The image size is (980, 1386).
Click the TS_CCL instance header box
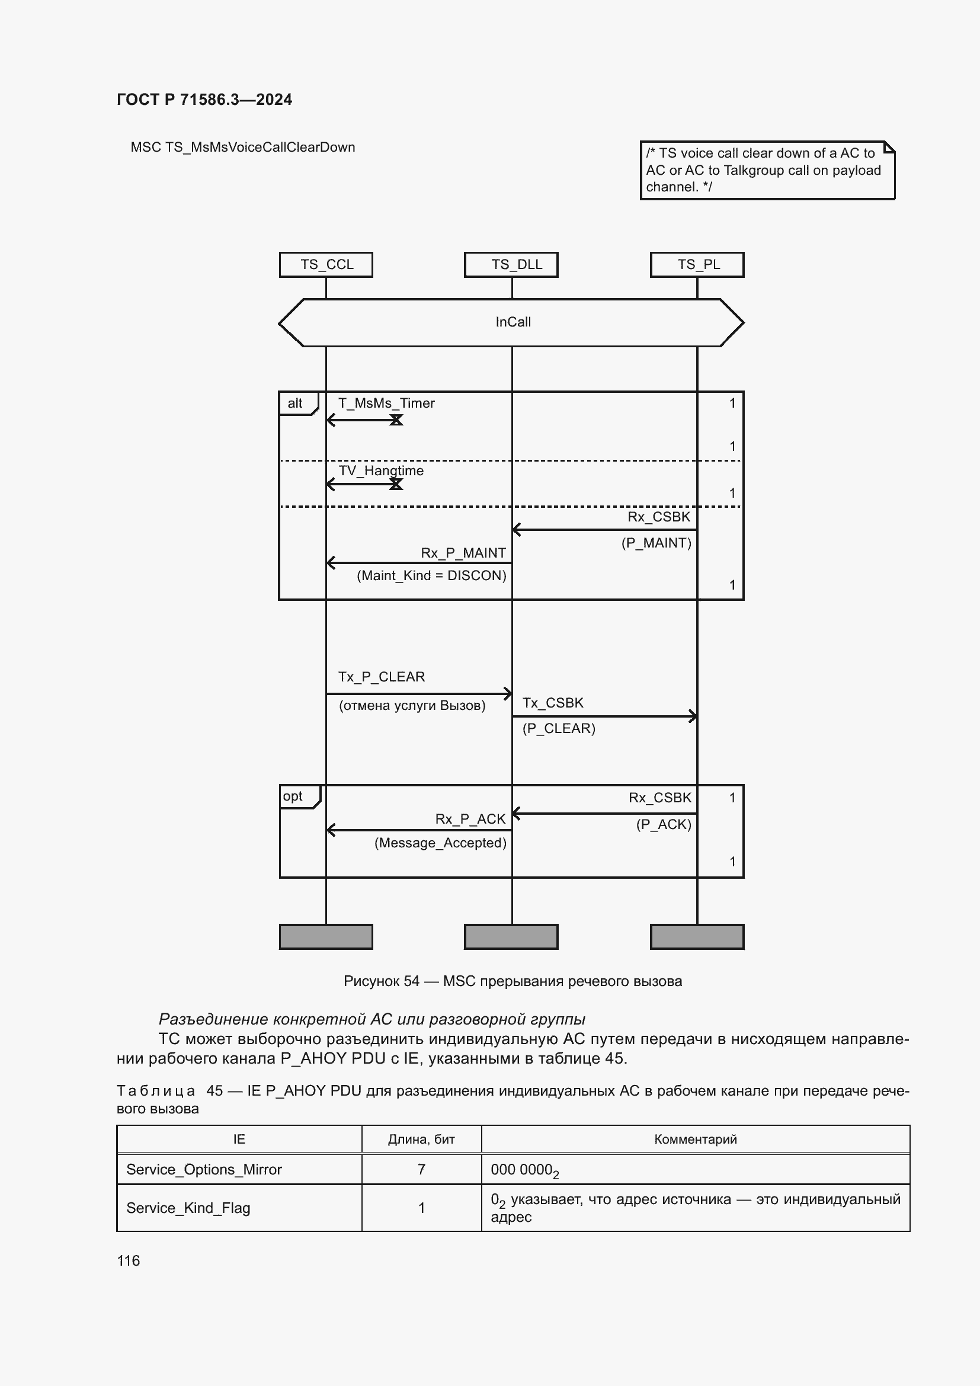click(x=326, y=264)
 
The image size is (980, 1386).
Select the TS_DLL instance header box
click(x=511, y=264)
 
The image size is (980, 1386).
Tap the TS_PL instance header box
click(x=697, y=264)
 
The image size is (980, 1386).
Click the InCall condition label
click(x=513, y=322)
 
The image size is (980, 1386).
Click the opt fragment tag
click(x=294, y=796)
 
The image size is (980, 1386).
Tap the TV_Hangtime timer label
click(x=381, y=471)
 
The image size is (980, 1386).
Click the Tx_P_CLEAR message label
click(x=382, y=677)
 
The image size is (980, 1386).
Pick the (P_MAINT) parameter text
click(x=656, y=543)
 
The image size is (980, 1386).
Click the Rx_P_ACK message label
click(x=470, y=819)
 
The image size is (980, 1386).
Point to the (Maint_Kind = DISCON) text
click(x=431, y=575)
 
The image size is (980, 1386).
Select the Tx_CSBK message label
click(x=553, y=703)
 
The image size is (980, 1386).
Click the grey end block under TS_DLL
click(x=511, y=936)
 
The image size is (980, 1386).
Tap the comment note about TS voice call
click(x=766, y=170)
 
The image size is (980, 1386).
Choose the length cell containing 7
click(x=421, y=1169)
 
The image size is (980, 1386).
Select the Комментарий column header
click(x=695, y=1139)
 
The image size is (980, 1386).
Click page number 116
click(x=129, y=1260)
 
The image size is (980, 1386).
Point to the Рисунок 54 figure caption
click(x=513, y=981)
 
